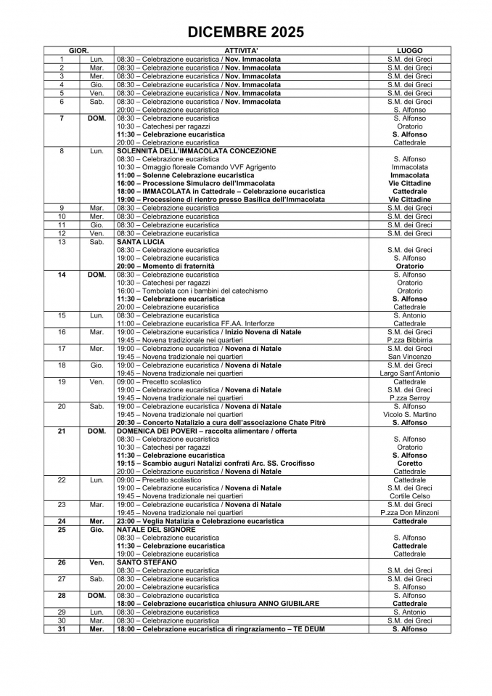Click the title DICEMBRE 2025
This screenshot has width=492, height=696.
[x=245, y=32]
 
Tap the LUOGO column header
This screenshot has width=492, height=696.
[x=410, y=51]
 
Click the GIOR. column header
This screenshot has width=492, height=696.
[x=78, y=51]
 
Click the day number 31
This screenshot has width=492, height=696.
[x=62, y=628]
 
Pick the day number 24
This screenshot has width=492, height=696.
[x=62, y=522]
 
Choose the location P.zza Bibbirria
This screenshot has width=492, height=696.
[x=410, y=340]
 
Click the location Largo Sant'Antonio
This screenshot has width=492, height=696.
[x=410, y=373]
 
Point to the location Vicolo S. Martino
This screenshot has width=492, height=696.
[x=410, y=414]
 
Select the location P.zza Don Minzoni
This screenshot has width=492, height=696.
[x=410, y=513]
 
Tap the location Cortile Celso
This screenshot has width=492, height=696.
[x=410, y=496]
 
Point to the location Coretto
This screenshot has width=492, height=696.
[x=410, y=464]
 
